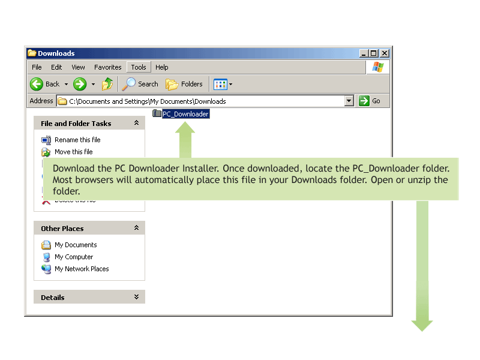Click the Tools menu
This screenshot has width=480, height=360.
click(x=139, y=67)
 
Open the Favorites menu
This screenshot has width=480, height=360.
click(x=107, y=67)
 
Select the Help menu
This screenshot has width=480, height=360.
click(x=161, y=67)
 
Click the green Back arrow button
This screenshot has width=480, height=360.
click(x=37, y=84)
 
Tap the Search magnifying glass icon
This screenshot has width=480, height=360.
click(x=129, y=84)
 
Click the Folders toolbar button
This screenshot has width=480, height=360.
click(x=184, y=84)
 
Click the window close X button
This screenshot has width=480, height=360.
click(x=385, y=53)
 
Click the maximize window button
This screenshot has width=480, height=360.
click(x=374, y=53)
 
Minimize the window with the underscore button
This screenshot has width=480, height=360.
click(x=364, y=53)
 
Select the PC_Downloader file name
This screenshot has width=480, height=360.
click(x=185, y=114)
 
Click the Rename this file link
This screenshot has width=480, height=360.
click(x=77, y=140)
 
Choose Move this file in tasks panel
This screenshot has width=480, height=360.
click(x=73, y=152)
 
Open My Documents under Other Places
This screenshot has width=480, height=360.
click(x=76, y=245)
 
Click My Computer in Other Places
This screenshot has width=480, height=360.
click(x=74, y=257)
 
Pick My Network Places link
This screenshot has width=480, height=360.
click(x=82, y=269)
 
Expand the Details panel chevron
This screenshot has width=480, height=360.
click(x=137, y=297)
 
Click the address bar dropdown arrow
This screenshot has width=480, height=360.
click(x=349, y=101)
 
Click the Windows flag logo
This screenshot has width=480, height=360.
click(x=378, y=67)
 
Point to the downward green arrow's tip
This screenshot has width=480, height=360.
click(x=422, y=331)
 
